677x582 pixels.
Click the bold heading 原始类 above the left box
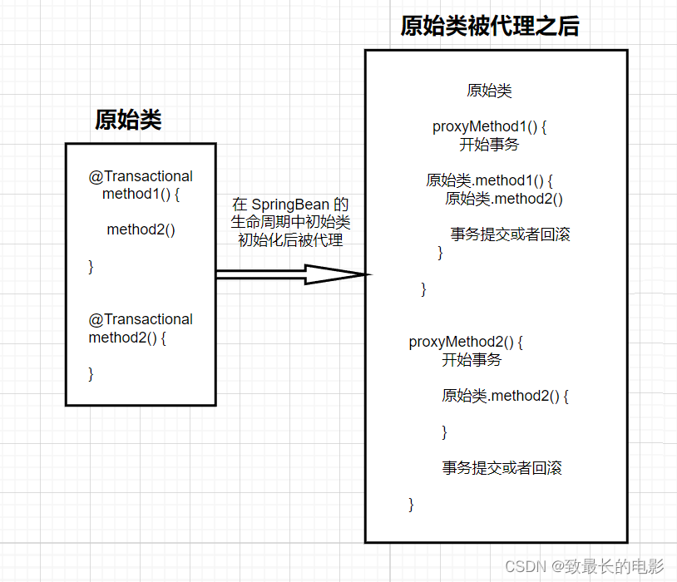point(127,120)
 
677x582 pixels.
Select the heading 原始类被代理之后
point(489,27)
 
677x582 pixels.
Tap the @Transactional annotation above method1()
point(141,176)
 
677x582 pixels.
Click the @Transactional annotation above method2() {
point(141,319)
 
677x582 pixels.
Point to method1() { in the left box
point(141,195)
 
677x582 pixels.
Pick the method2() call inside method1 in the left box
point(141,230)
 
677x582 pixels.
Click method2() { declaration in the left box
point(127,338)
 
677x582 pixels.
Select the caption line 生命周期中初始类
point(290,223)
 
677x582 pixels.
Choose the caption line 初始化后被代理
point(290,240)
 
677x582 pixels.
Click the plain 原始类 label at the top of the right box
point(489,91)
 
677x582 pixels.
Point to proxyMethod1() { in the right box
point(489,127)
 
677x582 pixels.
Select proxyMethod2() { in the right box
point(466,343)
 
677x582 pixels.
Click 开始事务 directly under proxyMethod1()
point(489,145)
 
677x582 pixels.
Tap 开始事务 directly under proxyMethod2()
point(472,360)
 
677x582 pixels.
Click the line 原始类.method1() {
point(489,180)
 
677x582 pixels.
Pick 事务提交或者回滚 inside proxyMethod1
point(510,234)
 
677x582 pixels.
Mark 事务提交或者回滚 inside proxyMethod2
point(502,468)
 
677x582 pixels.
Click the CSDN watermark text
point(584,566)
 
